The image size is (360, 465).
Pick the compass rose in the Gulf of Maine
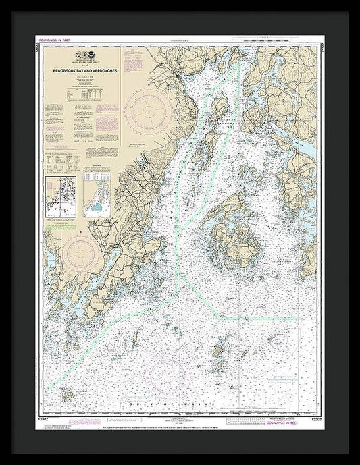point(166,368)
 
